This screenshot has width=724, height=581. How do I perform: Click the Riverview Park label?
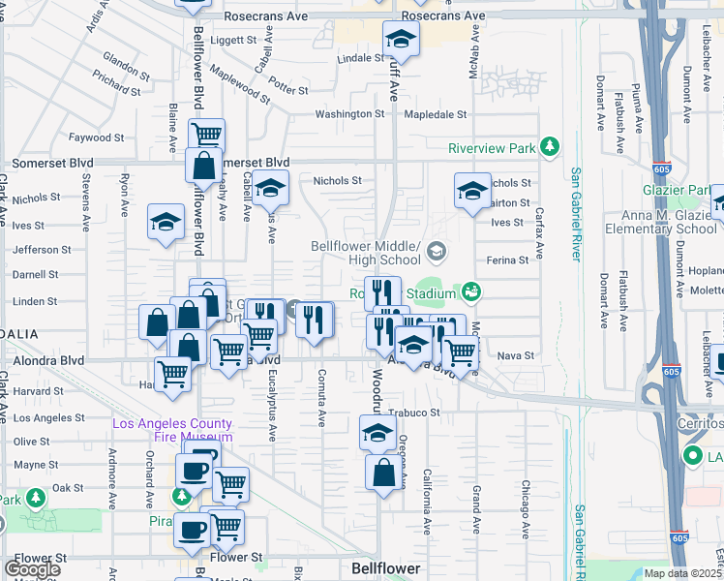click(492, 148)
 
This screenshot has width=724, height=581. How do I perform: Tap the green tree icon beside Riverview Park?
click(550, 147)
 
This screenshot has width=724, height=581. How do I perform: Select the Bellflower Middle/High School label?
click(366, 253)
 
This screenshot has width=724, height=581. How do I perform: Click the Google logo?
click(32, 568)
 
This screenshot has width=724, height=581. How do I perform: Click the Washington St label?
click(349, 114)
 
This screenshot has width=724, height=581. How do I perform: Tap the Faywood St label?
click(99, 138)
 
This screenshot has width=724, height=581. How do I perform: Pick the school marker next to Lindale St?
click(399, 41)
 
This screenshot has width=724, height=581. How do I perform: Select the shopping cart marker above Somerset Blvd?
click(206, 135)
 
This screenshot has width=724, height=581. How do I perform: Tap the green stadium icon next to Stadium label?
click(471, 290)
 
